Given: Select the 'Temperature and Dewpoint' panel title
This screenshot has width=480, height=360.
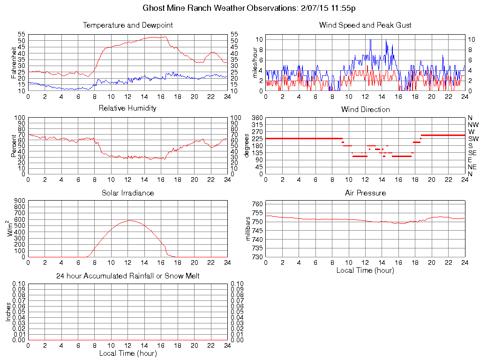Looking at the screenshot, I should [128, 25].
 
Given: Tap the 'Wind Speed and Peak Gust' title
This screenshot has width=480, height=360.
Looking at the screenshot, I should [365, 25].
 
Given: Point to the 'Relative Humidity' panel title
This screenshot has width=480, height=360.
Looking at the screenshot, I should [128, 108].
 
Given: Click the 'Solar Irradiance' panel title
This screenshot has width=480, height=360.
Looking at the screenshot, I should [128, 193].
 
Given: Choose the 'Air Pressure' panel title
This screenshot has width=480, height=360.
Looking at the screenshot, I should [365, 193].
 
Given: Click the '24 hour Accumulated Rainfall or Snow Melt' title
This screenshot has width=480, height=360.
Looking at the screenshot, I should [128, 276].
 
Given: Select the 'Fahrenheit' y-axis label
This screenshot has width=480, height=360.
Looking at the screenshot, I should [13, 63].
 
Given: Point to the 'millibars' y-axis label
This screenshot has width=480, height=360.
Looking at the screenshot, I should [249, 230].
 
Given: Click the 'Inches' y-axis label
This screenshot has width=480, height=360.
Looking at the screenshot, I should [8, 312].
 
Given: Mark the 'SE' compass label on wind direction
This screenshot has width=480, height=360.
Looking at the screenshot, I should [472, 153].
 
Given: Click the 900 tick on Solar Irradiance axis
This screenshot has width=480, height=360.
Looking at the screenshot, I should [20, 201].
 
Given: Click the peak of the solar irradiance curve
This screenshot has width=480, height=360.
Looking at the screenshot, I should [129, 220].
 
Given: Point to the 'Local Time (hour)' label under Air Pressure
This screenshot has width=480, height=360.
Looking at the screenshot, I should [365, 270].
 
